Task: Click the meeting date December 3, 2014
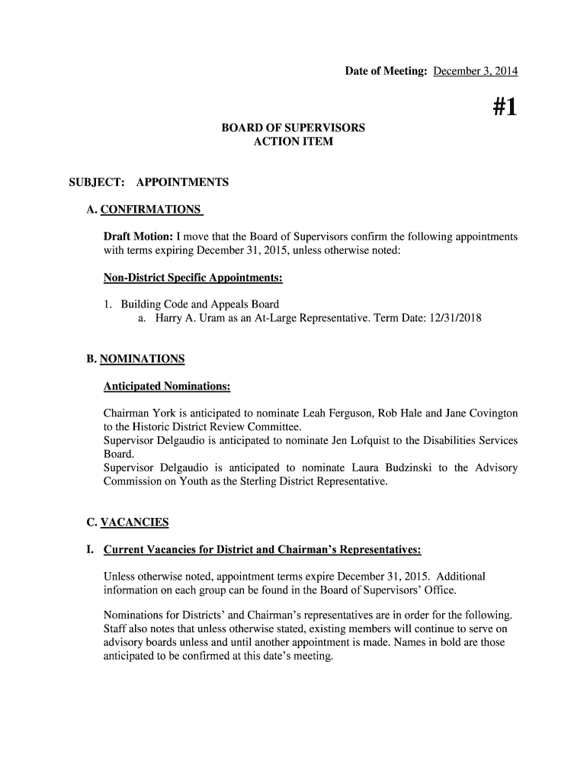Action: [475, 72]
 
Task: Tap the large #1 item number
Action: [501, 108]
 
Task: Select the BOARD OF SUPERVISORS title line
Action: [293, 127]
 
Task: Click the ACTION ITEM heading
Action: [293, 142]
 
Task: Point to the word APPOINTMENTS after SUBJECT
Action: [182, 182]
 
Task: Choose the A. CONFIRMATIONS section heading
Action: [144, 210]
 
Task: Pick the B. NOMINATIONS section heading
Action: [136, 358]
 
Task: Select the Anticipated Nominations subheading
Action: [167, 387]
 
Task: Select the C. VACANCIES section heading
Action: [127, 522]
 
